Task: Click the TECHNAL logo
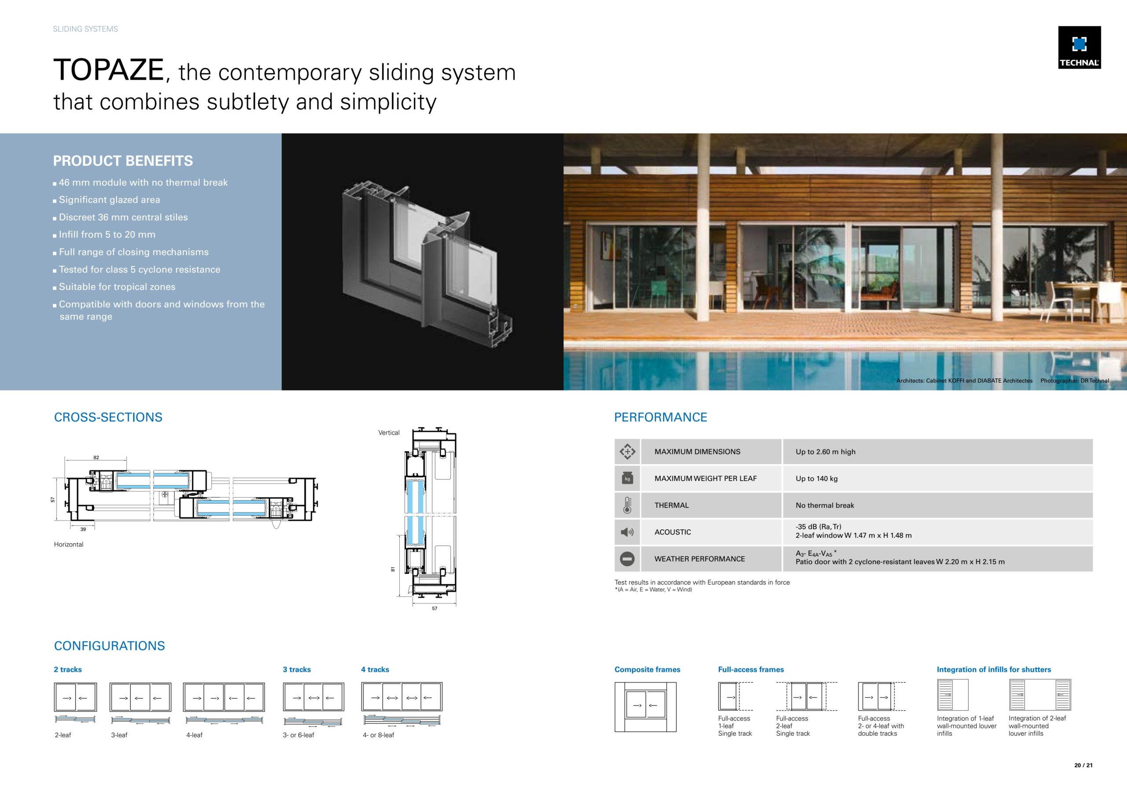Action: coord(1079,48)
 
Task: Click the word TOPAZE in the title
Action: coord(108,70)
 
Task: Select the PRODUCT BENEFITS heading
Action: coord(123,161)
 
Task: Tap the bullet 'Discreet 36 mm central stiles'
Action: coord(123,217)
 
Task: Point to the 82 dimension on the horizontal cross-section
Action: coord(96,458)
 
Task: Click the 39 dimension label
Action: coord(83,529)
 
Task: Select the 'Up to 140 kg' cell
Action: coord(816,478)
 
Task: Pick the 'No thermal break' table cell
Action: coord(825,506)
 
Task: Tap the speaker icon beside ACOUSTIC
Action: coord(627,532)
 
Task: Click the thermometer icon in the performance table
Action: coord(627,506)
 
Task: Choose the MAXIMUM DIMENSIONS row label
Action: coord(697,452)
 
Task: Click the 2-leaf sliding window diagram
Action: coord(75,697)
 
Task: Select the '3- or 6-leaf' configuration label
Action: coord(298,735)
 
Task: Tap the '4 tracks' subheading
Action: coord(375,670)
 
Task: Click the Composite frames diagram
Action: coord(645,707)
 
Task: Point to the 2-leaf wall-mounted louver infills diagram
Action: coord(1040,695)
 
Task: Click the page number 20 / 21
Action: coord(1083,765)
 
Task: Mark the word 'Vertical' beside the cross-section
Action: coord(389,433)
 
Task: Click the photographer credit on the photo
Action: coord(1075,380)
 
